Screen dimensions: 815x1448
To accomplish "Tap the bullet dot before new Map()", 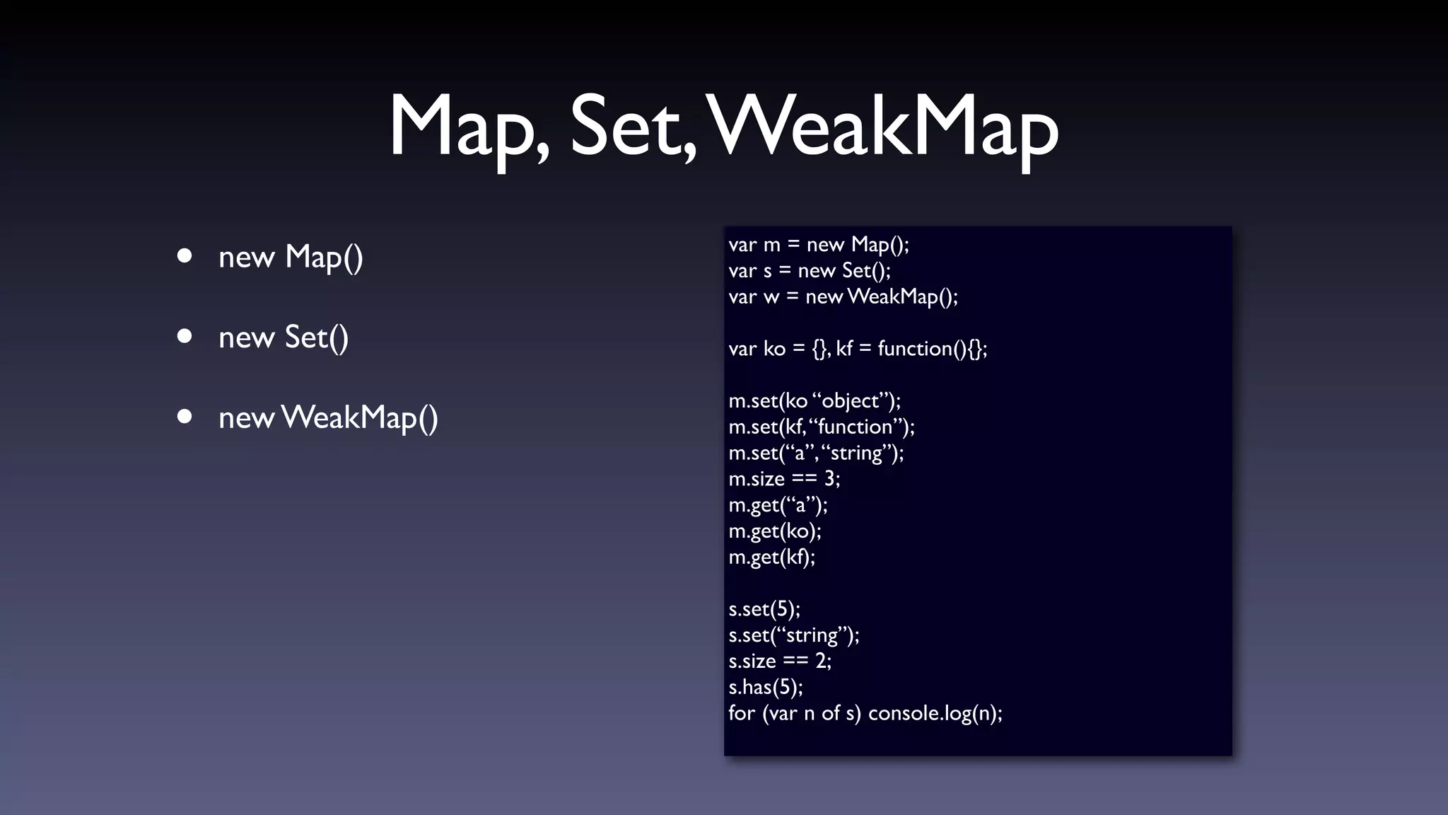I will pyautogui.click(x=185, y=255).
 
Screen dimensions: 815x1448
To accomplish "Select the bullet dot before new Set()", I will pyautogui.click(x=185, y=336).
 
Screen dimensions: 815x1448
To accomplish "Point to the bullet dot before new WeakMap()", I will pyautogui.click(x=185, y=417).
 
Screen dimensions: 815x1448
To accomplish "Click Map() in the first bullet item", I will pyautogui.click(x=324, y=257).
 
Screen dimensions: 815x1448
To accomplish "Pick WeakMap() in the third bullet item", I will pyautogui.click(x=359, y=417).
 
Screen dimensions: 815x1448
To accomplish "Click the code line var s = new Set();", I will pyautogui.click(x=810, y=270).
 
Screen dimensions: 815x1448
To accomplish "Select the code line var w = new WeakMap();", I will pyautogui.click(x=843, y=296).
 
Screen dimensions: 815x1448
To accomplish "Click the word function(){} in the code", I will pyautogui.click(x=931, y=349).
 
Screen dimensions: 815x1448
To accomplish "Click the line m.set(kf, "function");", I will pyautogui.click(x=822, y=427).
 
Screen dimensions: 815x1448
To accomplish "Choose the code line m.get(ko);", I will pyautogui.click(x=775, y=531).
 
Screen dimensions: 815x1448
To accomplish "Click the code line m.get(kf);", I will pyautogui.click(x=771, y=557).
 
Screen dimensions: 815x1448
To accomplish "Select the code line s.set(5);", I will pyautogui.click(x=764, y=609).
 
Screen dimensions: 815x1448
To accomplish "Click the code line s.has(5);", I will pyautogui.click(x=766, y=687).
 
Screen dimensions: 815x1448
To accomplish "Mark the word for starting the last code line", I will pyautogui.click(x=742, y=712).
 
